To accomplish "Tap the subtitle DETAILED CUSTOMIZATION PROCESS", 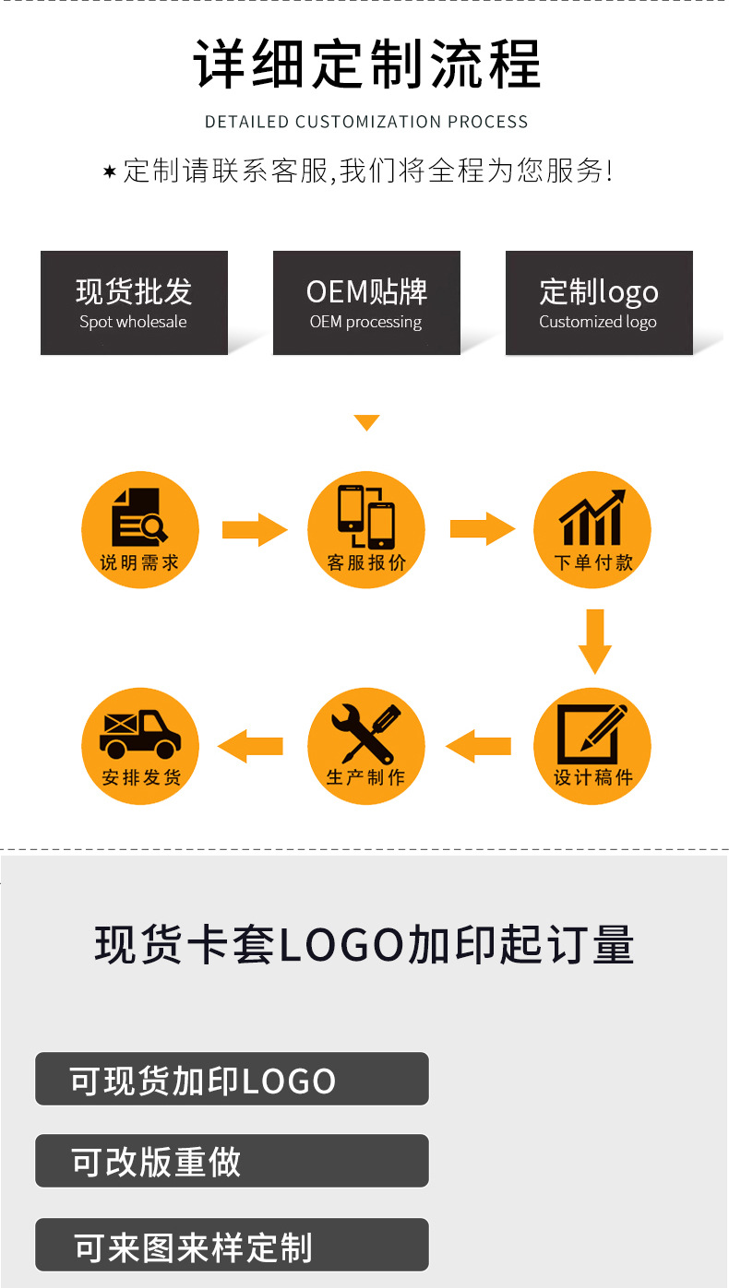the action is [366, 122].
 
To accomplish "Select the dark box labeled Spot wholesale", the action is [134, 302].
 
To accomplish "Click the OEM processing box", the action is [366, 302].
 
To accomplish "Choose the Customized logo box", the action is [599, 302].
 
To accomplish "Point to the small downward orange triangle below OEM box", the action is [366, 423].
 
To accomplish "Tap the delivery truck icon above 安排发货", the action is [140, 735].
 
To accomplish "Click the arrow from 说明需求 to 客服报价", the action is [255, 529].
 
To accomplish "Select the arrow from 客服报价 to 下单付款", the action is [482, 529].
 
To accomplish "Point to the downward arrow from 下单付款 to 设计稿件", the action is [595, 641].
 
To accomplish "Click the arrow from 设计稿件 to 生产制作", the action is [479, 746].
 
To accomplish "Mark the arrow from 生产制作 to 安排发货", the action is [251, 746].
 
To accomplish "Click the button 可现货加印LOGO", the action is [232, 1079].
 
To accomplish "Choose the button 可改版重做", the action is [232, 1161].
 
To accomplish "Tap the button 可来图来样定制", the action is [232, 1245].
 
